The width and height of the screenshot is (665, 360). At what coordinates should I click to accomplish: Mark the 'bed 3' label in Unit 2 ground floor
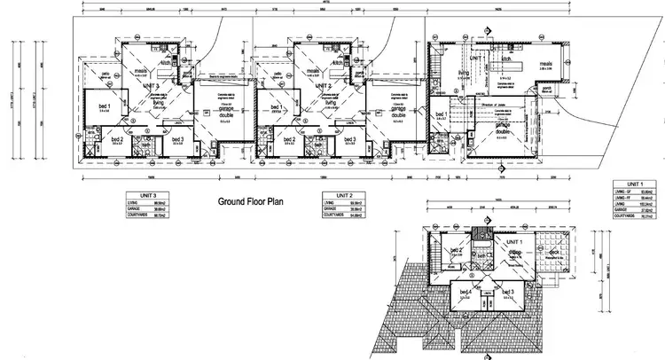[x=349, y=139]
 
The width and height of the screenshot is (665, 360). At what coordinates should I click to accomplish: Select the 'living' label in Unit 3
[x=159, y=104]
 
